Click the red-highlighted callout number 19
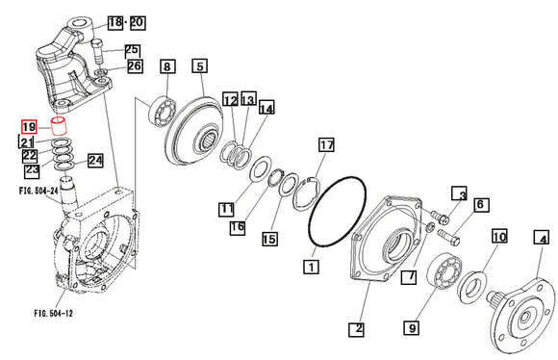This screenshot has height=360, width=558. point(29,127)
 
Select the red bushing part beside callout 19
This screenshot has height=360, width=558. point(60,125)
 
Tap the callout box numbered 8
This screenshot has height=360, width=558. point(167,66)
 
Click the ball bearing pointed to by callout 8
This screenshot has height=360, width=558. point(163,113)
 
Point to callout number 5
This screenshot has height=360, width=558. point(200,65)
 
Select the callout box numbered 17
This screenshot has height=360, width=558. point(326,145)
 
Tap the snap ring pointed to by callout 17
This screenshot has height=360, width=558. point(306,194)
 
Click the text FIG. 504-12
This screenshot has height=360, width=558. point(53,314)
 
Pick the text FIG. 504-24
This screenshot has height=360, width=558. point(38,191)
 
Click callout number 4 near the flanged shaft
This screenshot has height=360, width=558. point(542,238)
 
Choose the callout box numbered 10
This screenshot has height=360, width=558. point(499,236)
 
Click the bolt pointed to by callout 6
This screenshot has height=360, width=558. point(448,237)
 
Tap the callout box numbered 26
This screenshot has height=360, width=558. point(135,65)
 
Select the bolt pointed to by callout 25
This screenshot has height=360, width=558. point(97,51)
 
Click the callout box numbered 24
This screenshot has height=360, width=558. point(95,161)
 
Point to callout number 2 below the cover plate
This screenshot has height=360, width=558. point(357,329)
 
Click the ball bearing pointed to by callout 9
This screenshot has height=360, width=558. point(444,271)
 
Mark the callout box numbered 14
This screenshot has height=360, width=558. point(266,108)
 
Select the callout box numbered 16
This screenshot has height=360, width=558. point(238,227)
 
